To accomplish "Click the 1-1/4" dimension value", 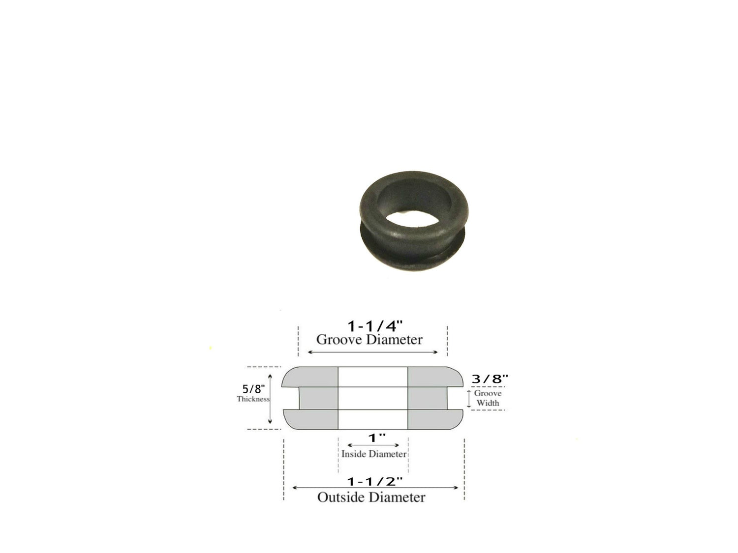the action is coord(374,326).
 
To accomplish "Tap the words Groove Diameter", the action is coord(369,340).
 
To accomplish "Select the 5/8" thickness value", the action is coord(253,389).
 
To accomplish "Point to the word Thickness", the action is coord(253,399).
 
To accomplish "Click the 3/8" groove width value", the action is coord(490,378).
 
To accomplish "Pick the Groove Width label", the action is coord(488,398).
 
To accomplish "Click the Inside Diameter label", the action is coord(374,454).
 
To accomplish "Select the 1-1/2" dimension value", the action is coord(374,482).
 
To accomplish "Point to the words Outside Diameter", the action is coord(371,497).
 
